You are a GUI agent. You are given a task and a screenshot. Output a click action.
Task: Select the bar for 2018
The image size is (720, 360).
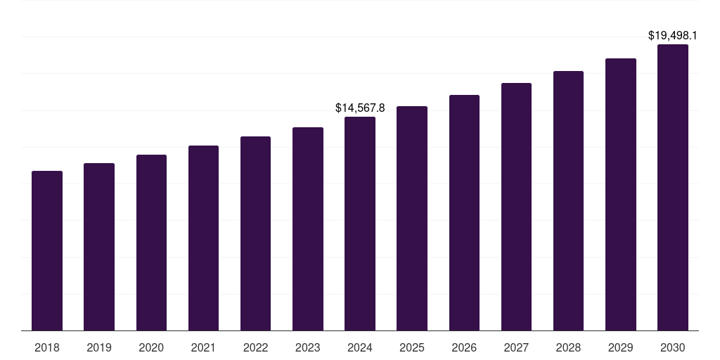47,250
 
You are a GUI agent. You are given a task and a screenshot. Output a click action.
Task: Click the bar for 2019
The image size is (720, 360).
99,247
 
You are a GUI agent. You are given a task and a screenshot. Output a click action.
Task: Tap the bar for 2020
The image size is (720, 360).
151,243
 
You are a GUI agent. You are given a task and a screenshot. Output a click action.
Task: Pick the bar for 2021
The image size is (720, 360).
203,238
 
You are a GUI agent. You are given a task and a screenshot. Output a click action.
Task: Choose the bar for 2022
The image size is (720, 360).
255,233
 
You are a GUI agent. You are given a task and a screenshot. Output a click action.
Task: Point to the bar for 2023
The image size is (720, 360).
308,229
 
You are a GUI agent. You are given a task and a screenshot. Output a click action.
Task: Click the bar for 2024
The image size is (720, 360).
360,224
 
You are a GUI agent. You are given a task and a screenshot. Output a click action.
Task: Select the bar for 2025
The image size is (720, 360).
412,218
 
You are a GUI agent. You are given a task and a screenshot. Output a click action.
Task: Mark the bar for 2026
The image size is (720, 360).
464,212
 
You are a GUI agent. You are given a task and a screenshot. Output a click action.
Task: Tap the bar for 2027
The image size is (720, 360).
516,207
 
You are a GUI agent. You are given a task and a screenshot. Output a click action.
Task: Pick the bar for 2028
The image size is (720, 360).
568,200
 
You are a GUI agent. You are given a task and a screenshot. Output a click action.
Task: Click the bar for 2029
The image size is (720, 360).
621,194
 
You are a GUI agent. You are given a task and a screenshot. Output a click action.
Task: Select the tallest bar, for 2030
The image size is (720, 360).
673,187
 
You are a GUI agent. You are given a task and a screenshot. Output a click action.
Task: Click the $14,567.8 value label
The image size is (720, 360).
360,108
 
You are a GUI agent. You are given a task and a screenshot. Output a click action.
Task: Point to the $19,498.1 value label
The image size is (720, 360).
673,35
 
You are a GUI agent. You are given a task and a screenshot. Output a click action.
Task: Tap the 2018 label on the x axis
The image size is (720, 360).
47,347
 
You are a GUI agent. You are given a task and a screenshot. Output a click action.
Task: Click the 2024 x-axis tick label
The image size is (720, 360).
360,347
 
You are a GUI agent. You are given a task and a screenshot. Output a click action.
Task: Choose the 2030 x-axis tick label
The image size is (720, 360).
673,347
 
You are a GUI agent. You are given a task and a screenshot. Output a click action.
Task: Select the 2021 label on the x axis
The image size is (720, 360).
203,347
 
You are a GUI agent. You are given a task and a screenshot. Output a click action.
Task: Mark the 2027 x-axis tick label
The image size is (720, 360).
516,347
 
